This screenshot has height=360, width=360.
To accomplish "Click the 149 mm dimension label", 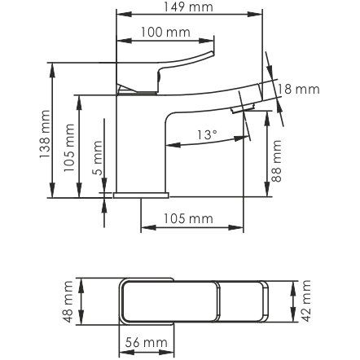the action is click(188, 7).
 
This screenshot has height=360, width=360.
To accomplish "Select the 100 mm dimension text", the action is click(165, 33).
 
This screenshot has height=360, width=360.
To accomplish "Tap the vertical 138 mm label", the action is click(45, 134).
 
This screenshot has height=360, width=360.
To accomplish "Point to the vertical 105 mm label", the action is click(69, 147).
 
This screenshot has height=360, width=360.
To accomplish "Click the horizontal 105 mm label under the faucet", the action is click(188, 218).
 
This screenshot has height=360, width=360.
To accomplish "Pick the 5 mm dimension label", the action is click(99, 158).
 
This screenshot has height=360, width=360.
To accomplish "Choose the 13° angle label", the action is click(207, 134).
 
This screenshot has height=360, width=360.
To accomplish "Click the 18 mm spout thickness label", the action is click(298, 90).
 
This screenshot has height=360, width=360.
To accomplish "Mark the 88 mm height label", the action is click(276, 160).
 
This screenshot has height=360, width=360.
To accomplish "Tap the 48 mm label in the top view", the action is click(68, 301).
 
